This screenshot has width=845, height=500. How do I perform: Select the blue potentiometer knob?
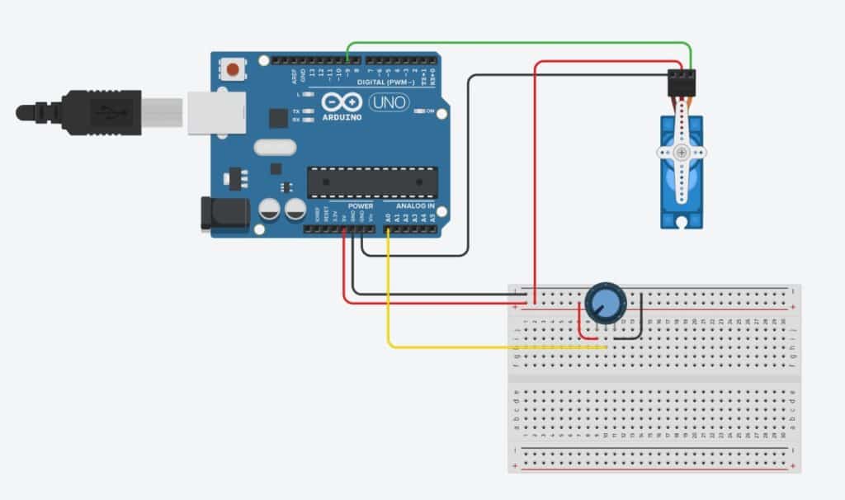(605, 303)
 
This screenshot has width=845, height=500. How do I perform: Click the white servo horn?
(682, 153)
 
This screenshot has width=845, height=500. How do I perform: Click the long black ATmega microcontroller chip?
(371, 182)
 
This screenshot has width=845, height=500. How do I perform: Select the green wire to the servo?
(520, 42)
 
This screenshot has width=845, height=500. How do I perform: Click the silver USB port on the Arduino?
(216, 112)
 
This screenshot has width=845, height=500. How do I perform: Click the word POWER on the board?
(361, 205)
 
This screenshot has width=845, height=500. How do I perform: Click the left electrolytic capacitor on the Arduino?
(270, 210)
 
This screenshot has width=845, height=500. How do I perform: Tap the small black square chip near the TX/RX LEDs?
(278, 119)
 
